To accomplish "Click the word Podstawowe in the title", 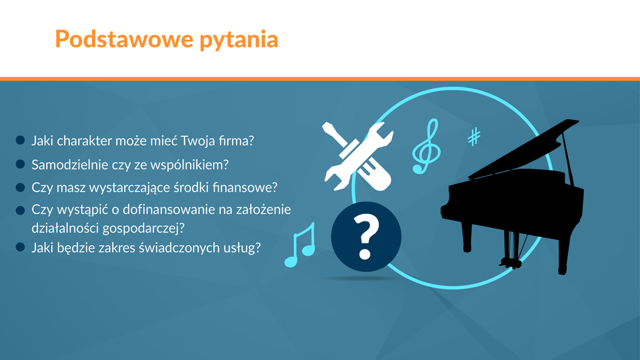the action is (x=124, y=39).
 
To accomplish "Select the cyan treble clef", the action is (x=426, y=146).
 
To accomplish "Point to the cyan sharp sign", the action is (x=474, y=137).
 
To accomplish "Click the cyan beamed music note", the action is (x=300, y=245).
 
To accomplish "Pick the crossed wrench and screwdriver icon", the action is (x=358, y=156).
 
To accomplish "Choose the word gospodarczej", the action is (x=143, y=229).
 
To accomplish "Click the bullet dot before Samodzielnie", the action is (x=21, y=164).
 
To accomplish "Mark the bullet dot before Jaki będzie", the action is (x=21, y=247).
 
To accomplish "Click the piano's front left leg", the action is (x=467, y=237).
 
